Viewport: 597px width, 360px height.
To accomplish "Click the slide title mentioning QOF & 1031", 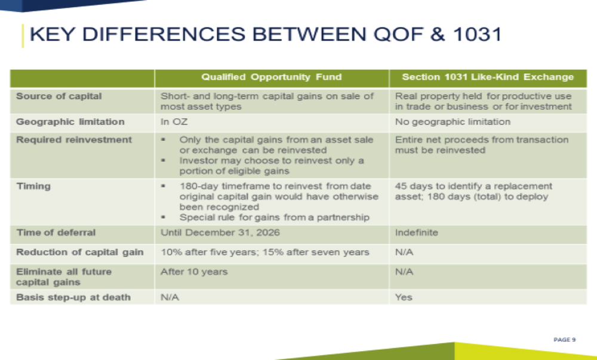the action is click(x=266, y=34).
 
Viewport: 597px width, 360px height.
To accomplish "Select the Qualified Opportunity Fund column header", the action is click(x=272, y=77).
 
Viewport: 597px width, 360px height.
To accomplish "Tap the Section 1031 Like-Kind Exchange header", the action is click(x=488, y=77).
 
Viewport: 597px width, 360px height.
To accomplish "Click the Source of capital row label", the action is click(x=59, y=96).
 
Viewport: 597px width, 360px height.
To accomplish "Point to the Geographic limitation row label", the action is click(x=70, y=122).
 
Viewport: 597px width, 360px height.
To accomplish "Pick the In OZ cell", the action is click(x=174, y=122).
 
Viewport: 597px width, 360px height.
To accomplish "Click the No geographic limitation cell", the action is click(x=453, y=122).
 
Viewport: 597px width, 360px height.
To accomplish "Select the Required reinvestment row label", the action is click(x=74, y=140).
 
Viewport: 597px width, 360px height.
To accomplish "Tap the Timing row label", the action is click(x=33, y=186).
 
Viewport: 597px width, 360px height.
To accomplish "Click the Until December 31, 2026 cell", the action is click(x=220, y=232).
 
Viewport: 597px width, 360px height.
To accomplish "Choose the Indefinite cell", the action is click(x=417, y=232).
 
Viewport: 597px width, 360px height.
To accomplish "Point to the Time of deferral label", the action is click(x=56, y=232).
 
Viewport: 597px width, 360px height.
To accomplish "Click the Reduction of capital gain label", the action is click(x=79, y=253).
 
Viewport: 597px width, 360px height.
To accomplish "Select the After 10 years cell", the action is click(x=194, y=272).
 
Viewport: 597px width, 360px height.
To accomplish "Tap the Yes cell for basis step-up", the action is click(x=404, y=297).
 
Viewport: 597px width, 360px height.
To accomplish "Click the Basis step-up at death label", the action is click(x=73, y=297).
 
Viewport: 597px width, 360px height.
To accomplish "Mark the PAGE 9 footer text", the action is click(x=565, y=340).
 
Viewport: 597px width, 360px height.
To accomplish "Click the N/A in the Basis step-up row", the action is click(x=170, y=297).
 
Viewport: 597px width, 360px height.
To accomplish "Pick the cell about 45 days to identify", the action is click(x=473, y=192).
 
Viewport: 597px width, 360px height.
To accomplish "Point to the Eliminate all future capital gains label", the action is click(x=64, y=277).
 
